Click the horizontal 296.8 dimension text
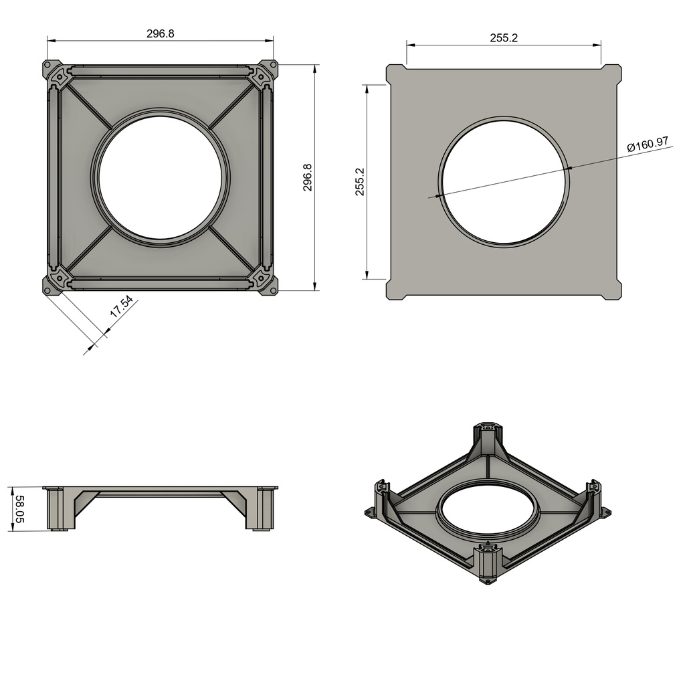pyautogui.click(x=161, y=33)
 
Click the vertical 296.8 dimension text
pyautogui.click(x=308, y=177)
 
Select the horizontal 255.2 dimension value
pyautogui.click(x=504, y=38)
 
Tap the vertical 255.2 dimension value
pyautogui.click(x=359, y=182)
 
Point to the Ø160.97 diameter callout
pyautogui.click(x=648, y=144)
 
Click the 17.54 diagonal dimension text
pyautogui.click(x=121, y=306)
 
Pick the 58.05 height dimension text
pyautogui.click(x=20, y=509)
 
